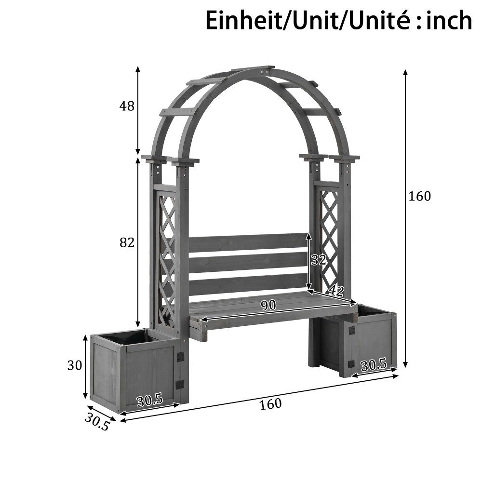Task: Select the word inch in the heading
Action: (x=449, y=21)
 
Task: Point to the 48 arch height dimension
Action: (x=127, y=106)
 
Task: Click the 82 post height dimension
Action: (x=127, y=243)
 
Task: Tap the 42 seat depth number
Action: (x=335, y=291)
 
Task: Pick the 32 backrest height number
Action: (x=318, y=260)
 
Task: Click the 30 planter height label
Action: (x=74, y=365)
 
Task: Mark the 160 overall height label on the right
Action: (x=419, y=196)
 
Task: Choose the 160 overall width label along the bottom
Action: (x=270, y=404)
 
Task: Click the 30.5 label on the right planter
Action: (x=374, y=365)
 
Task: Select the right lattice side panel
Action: (x=330, y=241)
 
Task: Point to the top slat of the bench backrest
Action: (x=247, y=242)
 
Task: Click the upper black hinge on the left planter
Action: (x=180, y=357)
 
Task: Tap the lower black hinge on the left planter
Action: (x=180, y=384)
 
